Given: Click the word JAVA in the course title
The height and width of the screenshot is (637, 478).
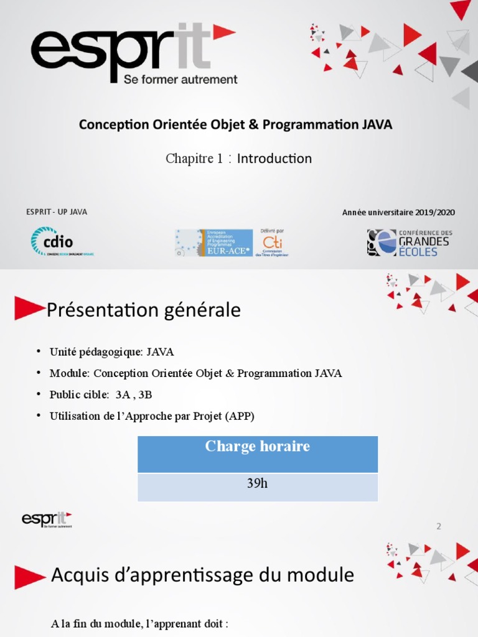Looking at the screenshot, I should click(x=377, y=124).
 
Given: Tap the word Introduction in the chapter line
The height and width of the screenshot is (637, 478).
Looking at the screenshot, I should click(x=274, y=159).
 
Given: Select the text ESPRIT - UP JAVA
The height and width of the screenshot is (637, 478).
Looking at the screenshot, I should click(x=57, y=212).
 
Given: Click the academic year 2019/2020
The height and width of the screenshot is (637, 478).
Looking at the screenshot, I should click(x=434, y=213).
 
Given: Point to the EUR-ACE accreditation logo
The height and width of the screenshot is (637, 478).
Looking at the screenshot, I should click(x=213, y=243).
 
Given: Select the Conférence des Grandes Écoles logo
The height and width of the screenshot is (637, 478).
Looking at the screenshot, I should click(x=409, y=243).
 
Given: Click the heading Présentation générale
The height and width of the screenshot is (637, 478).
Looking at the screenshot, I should click(x=144, y=310).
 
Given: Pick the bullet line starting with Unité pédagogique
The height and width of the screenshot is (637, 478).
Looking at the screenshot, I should click(x=112, y=352).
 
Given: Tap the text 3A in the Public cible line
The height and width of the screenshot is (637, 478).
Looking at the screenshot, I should click(x=123, y=394).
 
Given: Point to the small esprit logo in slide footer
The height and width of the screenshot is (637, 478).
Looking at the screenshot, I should click(x=47, y=519).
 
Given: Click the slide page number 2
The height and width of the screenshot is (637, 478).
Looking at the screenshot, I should click(x=439, y=526).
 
